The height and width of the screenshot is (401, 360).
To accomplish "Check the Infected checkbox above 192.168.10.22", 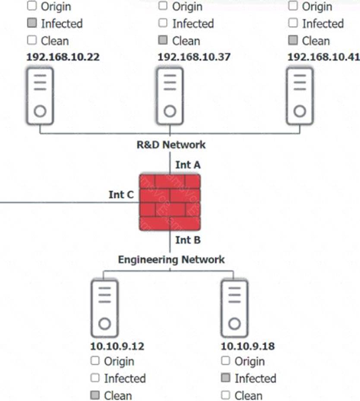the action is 32,23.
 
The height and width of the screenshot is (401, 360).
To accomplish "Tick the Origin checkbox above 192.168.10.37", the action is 163,6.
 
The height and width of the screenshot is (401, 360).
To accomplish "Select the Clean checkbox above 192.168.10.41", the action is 293,40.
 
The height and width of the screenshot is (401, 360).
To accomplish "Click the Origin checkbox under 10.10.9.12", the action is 95,360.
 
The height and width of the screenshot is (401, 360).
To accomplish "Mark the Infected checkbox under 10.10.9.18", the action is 225,378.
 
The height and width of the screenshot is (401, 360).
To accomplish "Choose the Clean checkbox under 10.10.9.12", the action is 95,395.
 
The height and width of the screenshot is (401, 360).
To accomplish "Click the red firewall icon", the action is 170,202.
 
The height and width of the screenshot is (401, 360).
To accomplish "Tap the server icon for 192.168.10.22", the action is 40,96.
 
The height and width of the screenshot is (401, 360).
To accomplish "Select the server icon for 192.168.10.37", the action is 170,96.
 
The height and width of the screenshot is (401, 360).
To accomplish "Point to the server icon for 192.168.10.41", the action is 300,96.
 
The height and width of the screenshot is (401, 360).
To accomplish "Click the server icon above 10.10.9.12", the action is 104,309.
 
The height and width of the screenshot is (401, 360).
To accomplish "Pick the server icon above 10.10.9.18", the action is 234,309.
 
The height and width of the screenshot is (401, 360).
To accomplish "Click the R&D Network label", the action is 171,145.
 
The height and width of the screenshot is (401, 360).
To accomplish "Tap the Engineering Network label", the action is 171,259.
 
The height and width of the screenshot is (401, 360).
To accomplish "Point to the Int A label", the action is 188,165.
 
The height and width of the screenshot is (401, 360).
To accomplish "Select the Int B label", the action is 188,240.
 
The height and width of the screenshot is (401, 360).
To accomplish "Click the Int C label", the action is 121,195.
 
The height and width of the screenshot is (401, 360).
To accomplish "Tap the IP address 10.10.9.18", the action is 248,346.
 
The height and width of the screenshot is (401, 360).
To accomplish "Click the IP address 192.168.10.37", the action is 194,57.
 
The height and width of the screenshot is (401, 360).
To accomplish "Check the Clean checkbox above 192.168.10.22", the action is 32,40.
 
